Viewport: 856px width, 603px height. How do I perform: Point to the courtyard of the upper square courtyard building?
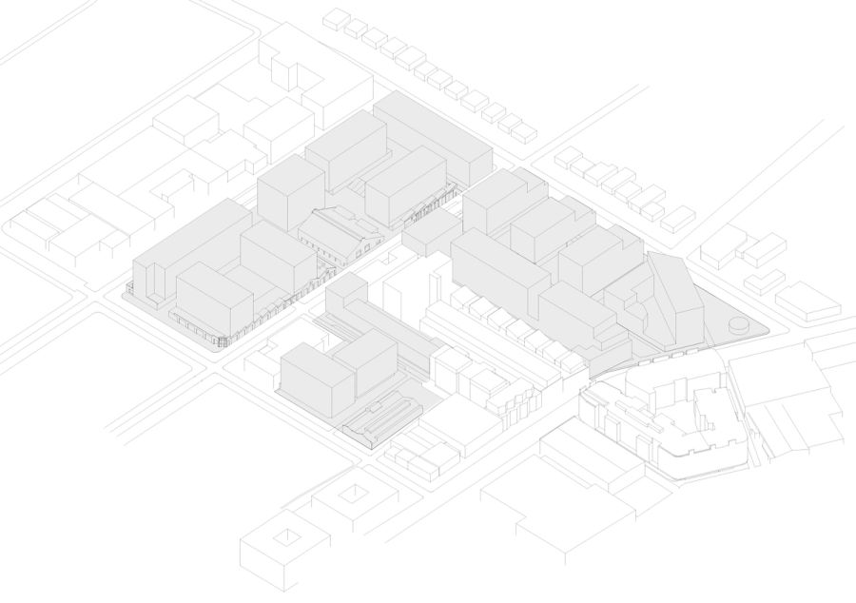click(354, 492)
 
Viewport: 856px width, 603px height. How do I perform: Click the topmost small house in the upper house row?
click(335, 18)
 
